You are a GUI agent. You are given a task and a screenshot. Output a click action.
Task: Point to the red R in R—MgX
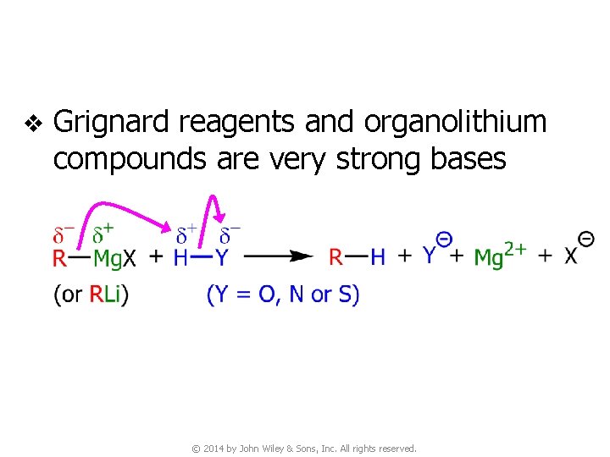click(x=60, y=257)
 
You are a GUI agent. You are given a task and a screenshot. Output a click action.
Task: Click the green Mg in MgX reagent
click(x=108, y=257)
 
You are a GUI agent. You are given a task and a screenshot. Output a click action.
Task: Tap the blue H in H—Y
click(x=181, y=257)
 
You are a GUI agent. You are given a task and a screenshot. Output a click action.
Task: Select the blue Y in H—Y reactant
click(x=222, y=257)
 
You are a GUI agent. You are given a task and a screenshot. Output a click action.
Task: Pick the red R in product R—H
click(x=336, y=257)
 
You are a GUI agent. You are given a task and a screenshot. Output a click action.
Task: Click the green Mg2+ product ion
click(x=501, y=254)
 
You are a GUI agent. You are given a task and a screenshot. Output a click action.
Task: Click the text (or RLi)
click(x=91, y=295)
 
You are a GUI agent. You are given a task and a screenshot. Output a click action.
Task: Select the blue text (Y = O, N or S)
click(x=283, y=295)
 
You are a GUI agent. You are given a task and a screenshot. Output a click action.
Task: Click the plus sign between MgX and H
click(x=156, y=257)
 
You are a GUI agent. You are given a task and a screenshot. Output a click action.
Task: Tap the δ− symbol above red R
click(x=63, y=231)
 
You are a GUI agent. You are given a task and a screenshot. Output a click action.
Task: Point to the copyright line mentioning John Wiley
click(x=304, y=449)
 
